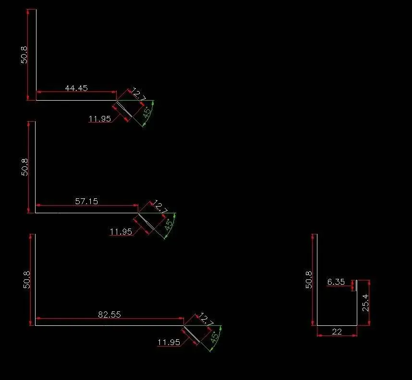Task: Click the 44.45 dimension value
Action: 76,88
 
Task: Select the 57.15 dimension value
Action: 86,201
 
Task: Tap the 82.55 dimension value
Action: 109,314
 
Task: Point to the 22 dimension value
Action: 337,332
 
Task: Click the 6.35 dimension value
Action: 336,282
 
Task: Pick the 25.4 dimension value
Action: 365,303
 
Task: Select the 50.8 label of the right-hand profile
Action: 309,280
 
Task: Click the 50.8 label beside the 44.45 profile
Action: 24,55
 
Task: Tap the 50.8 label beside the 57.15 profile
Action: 24,167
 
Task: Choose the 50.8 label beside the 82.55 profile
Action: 27,280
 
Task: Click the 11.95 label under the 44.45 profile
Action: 99,119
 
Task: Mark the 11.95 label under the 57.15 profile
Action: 121,231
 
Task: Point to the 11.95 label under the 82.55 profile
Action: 169,342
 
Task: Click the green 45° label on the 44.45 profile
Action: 147,112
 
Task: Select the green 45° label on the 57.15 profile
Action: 169,224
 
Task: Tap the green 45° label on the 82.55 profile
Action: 215,337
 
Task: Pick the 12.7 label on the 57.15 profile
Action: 160,207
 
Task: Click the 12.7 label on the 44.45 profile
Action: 138,94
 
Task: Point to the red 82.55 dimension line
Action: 109,318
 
